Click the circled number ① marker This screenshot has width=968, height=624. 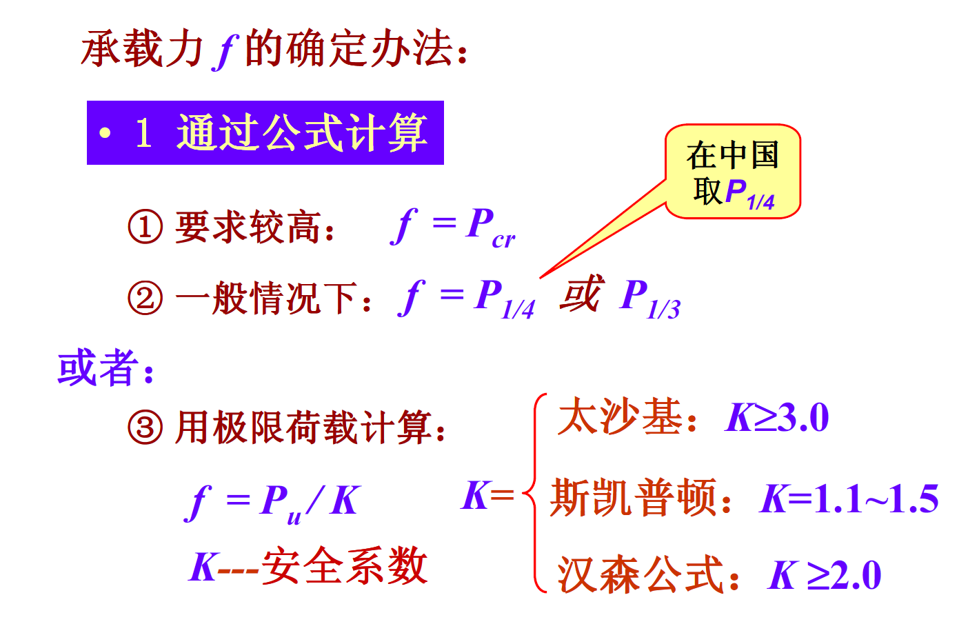pyautogui.click(x=145, y=227)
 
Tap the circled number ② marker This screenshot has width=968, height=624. pyautogui.click(x=145, y=298)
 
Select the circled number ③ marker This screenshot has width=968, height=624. pyautogui.click(x=145, y=427)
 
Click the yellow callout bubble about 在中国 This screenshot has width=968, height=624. pyautogui.click(x=732, y=172)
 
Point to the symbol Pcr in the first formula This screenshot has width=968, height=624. pyautogui.click(x=488, y=228)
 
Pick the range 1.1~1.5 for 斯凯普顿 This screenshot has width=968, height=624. pyautogui.click(x=876, y=499)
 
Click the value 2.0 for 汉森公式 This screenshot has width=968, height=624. pyautogui.click(x=855, y=576)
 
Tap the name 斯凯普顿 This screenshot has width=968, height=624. pyautogui.click(x=633, y=498)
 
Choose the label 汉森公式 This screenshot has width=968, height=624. pyautogui.click(x=640, y=575)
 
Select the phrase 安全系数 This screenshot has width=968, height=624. pyautogui.click(x=345, y=566)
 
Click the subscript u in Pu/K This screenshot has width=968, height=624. pyautogui.click(x=294, y=516)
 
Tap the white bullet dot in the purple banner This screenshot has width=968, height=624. pyautogui.click(x=105, y=132)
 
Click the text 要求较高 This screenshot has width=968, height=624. pyautogui.click(x=248, y=227)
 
